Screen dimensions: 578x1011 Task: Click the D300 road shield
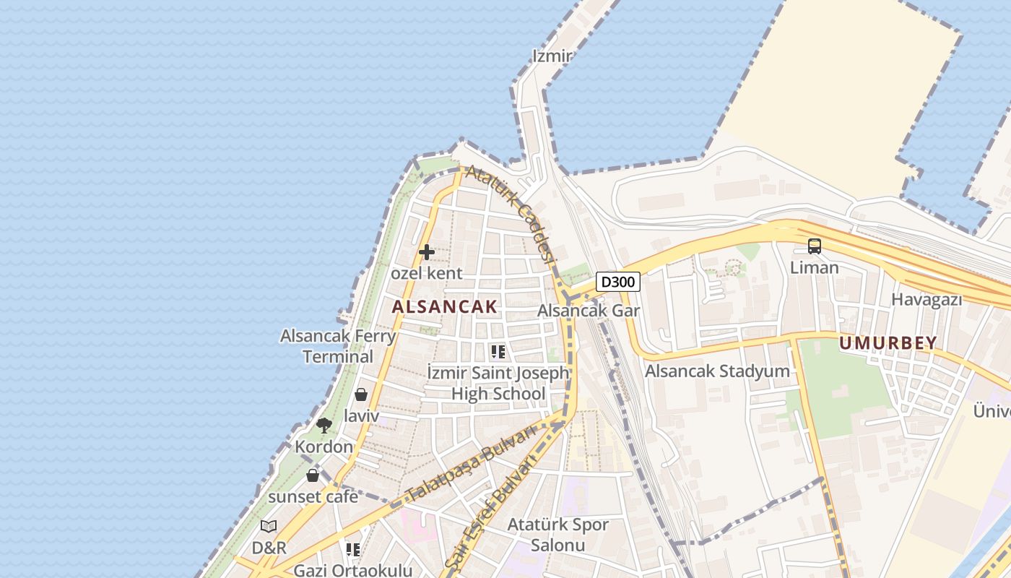point(618,282)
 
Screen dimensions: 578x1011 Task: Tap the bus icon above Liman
point(815,246)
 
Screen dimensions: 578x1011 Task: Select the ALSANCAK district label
point(445,306)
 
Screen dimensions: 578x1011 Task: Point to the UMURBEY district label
point(888,343)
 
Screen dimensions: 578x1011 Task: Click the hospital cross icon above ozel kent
point(427,252)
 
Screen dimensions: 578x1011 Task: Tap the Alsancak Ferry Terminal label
point(338,346)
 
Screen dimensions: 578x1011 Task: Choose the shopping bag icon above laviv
point(361,394)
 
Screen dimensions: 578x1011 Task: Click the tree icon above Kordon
point(324,425)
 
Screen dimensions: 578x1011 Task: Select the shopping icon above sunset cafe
point(313,475)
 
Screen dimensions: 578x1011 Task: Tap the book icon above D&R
point(269,526)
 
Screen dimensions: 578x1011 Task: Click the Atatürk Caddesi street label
point(512,213)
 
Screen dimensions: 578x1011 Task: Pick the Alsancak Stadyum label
point(717,371)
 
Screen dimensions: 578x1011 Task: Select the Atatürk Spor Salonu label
point(558,535)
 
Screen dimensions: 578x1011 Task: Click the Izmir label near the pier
point(552,56)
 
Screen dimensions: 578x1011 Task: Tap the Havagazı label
point(927,299)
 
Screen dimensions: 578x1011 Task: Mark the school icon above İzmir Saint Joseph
point(498,352)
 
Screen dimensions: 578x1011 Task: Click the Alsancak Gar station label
point(589,311)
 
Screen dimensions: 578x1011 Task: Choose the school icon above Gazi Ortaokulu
point(353,550)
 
